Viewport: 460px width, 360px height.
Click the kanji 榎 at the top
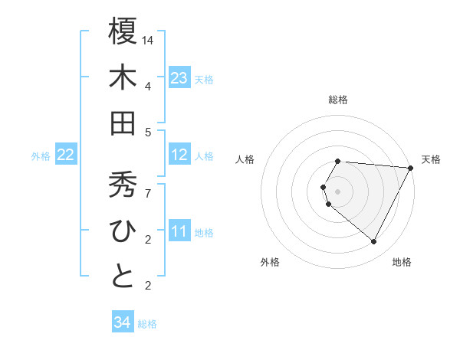click(123, 31)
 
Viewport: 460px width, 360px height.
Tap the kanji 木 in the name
click(123, 77)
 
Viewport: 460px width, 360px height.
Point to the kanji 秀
click(123, 186)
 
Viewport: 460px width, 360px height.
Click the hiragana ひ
click(123, 232)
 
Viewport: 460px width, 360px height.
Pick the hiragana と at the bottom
click(123, 277)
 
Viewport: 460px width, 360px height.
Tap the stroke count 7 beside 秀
click(149, 194)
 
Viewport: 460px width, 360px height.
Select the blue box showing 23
click(179, 77)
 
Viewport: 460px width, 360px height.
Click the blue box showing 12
click(179, 155)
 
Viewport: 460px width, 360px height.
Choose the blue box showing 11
click(179, 232)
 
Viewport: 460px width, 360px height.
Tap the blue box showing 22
click(66, 155)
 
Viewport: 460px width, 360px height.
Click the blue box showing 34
click(123, 322)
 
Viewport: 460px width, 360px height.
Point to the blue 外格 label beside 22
click(41, 156)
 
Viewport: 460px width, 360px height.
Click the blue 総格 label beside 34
click(147, 324)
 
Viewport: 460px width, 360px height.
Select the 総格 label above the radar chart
click(338, 100)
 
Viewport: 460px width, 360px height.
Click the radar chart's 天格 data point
click(411, 168)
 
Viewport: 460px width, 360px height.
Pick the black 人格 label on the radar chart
click(245, 159)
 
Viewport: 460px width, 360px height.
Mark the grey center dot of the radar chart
click(338, 191)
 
